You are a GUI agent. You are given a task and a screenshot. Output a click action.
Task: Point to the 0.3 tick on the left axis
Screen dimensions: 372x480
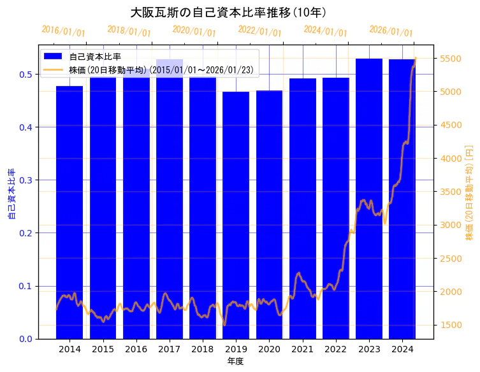point(26,180)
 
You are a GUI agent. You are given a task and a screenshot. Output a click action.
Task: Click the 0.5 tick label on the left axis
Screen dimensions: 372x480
point(26,74)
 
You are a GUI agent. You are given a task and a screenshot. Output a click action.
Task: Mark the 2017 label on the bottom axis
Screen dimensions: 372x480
point(170,349)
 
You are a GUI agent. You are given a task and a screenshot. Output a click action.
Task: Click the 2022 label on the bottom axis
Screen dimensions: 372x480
point(336,349)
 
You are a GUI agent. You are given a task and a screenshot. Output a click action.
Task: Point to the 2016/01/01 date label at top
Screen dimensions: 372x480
point(63,31)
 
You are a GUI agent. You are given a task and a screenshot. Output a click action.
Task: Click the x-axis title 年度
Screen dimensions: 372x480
point(235,361)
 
